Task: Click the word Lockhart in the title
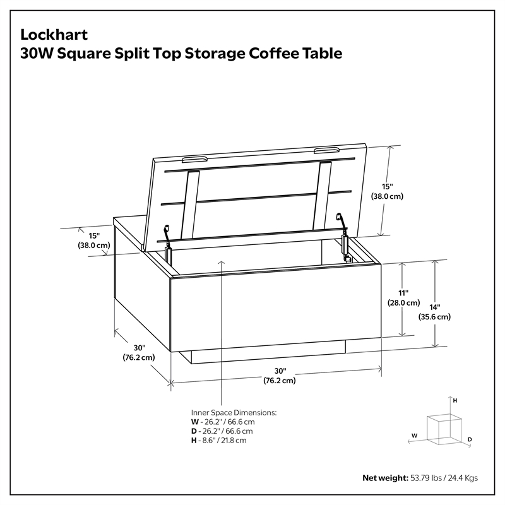(54, 35)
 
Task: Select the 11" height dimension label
(403, 298)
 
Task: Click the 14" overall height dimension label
(434, 312)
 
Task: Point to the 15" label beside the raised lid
(387, 191)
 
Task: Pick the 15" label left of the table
(93, 241)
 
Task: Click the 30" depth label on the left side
(139, 353)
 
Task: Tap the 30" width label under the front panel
(280, 376)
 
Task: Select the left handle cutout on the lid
(195, 159)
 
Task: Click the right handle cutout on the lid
(327, 150)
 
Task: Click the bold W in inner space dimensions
(194, 422)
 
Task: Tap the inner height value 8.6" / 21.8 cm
(224, 441)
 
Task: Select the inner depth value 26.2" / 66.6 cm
(228, 431)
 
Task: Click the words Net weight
(385, 478)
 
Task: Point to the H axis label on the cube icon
(454, 401)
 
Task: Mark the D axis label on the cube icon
(470, 439)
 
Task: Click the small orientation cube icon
(444, 429)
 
